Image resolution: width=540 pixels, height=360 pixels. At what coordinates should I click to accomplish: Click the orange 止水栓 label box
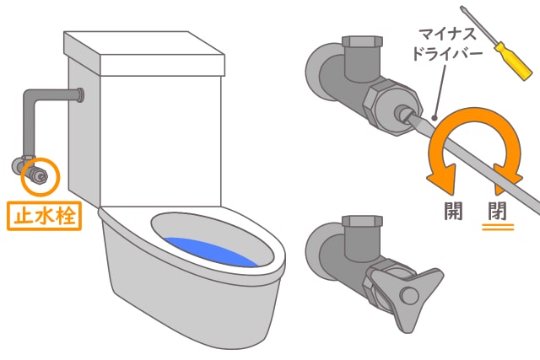[45, 214]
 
